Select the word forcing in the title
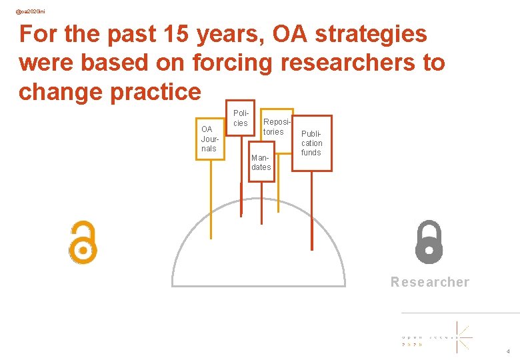point(233,63)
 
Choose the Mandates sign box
point(261,162)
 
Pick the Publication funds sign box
point(311,143)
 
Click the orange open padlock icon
point(83,242)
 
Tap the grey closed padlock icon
point(429,242)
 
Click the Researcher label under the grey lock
point(430,282)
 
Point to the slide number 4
point(508,351)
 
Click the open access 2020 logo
point(437,337)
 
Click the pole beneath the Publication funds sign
point(312,210)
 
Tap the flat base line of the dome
point(259,286)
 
